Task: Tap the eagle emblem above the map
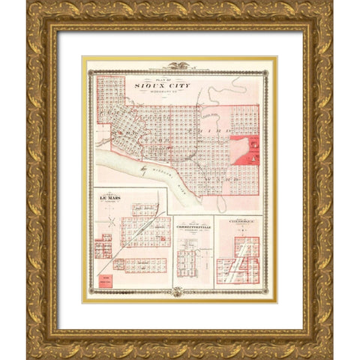tap(178, 67)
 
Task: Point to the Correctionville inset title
tap(193, 226)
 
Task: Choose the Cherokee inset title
tap(237, 222)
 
